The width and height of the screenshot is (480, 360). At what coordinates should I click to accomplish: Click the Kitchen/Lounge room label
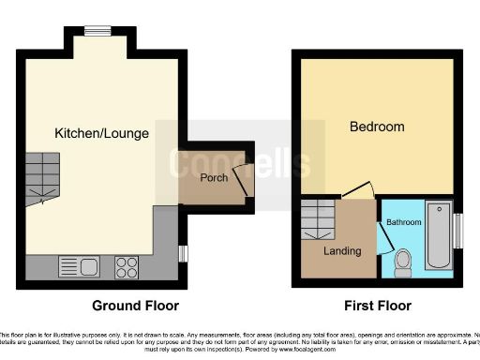coord(101,133)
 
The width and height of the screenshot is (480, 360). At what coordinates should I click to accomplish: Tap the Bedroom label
coord(377,127)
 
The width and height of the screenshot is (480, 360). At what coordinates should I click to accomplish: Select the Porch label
coord(214,178)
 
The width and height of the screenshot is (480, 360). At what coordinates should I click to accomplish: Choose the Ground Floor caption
coord(135,306)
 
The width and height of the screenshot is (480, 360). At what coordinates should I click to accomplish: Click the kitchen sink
coord(73,266)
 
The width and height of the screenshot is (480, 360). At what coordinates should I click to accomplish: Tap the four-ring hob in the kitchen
coord(127,266)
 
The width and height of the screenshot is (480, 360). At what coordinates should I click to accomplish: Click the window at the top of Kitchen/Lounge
coord(97,30)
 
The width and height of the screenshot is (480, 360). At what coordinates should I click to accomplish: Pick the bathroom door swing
coord(383,239)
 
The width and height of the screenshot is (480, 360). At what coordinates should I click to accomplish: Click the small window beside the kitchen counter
coord(183,254)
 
